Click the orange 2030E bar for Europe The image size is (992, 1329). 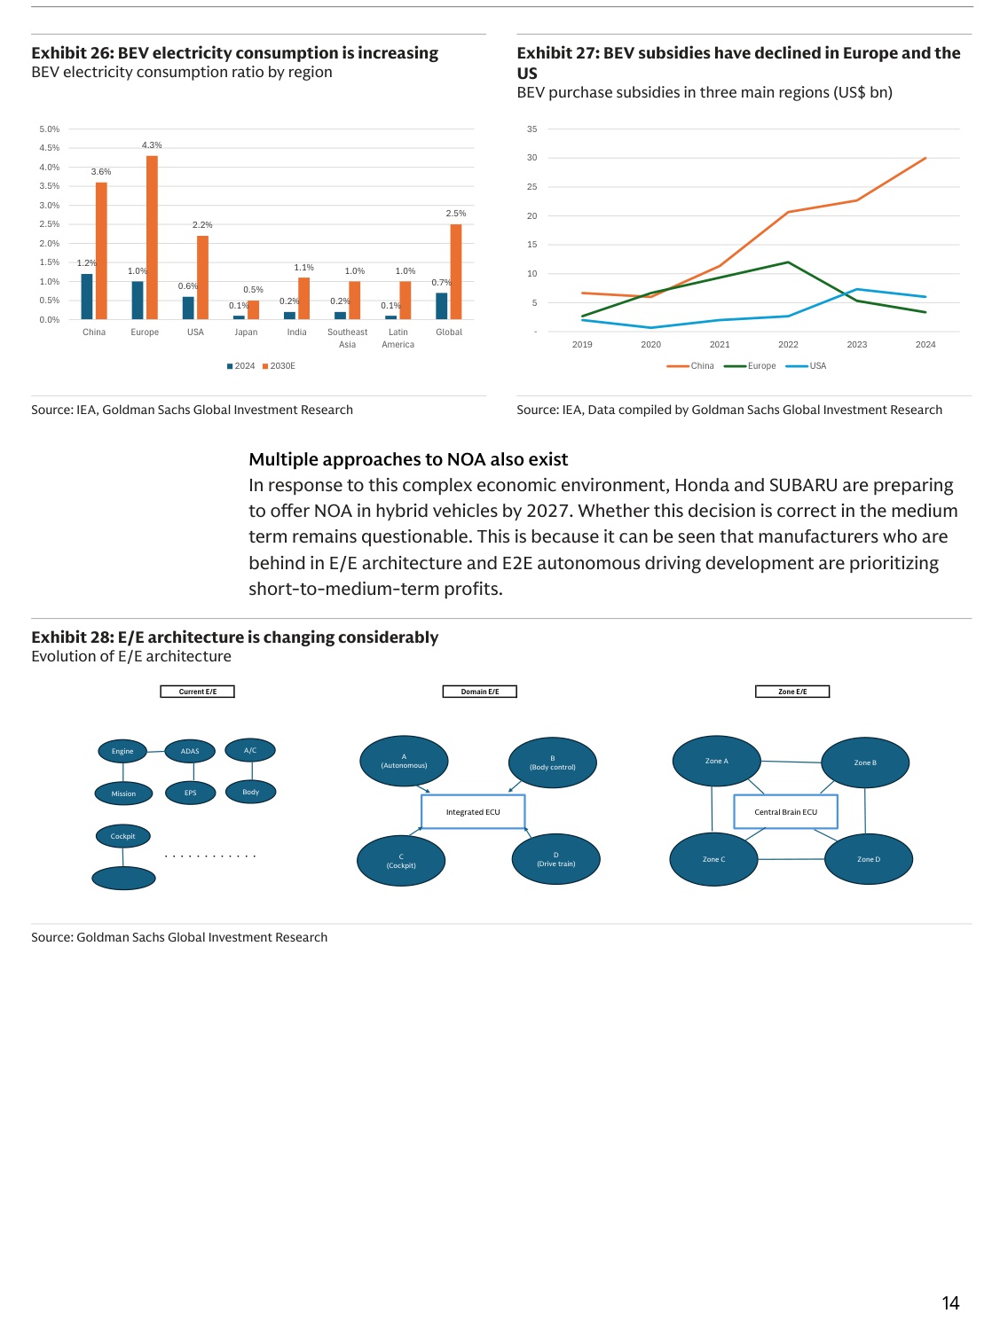coord(152,238)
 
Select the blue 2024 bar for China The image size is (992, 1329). coord(87,296)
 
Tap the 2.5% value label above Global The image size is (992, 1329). coord(455,214)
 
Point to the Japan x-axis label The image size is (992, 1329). coord(246,332)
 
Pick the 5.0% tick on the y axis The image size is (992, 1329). coord(49,129)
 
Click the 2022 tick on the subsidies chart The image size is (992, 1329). coord(788,345)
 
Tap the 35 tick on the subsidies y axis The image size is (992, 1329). coord(531,129)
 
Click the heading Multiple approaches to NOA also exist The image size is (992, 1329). coord(408,459)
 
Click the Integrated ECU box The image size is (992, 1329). coord(473,812)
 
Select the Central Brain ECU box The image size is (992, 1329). coord(785,812)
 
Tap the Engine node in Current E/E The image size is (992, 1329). coord(122,751)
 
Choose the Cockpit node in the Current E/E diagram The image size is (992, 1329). coord(122,836)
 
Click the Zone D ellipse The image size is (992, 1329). coord(869,859)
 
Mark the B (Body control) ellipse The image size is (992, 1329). coord(552,762)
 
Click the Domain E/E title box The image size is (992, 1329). coord(479,692)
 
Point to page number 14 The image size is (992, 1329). coord(950,1302)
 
